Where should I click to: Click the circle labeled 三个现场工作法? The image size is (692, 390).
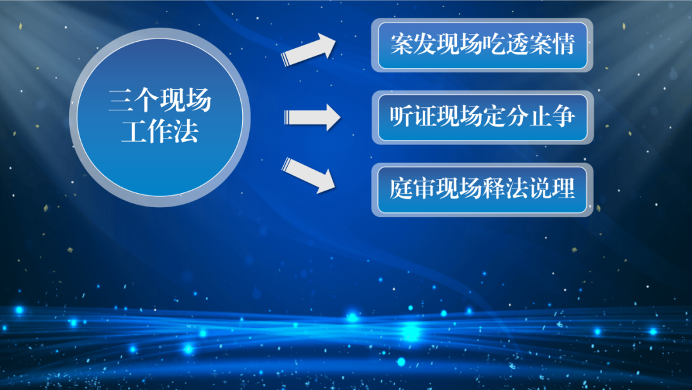click(x=160, y=117)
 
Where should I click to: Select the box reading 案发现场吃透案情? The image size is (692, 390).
click(x=482, y=45)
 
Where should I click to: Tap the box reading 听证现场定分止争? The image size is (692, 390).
click(x=482, y=117)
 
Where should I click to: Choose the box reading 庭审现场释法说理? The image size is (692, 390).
click(x=482, y=190)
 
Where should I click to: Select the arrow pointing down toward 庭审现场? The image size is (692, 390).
click(x=308, y=175)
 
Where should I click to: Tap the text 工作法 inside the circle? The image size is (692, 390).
click(x=160, y=131)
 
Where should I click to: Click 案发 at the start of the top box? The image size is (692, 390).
click(x=413, y=44)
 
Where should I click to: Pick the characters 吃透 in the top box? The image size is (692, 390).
click(x=506, y=44)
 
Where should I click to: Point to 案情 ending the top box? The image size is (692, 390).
click(x=552, y=44)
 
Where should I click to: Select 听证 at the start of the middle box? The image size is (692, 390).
click(x=413, y=117)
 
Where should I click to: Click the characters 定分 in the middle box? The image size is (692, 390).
click(x=506, y=117)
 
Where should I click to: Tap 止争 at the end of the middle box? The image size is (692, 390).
click(x=552, y=117)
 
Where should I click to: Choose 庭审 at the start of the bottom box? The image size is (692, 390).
click(x=413, y=189)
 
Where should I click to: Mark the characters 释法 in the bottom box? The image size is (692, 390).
click(x=506, y=189)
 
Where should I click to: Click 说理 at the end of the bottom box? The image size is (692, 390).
click(x=552, y=189)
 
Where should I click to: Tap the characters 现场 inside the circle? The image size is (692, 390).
click(x=185, y=100)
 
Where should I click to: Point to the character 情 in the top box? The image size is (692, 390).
click(x=563, y=44)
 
